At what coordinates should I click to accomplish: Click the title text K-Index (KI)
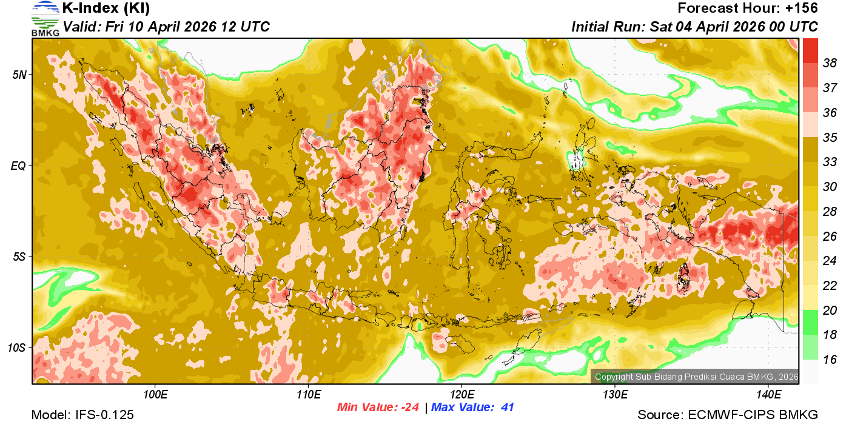pyautogui.click(x=106, y=8)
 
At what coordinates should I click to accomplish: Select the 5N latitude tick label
pyautogui.click(x=19, y=75)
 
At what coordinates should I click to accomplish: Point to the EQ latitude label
pyautogui.click(x=19, y=165)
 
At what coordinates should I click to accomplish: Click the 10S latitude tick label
pyautogui.click(x=17, y=348)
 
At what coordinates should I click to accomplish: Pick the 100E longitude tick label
pyautogui.click(x=155, y=395)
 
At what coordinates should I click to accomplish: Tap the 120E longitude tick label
pyautogui.click(x=461, y=395)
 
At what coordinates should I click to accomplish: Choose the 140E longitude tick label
pyautogui.click(x=768, y=395)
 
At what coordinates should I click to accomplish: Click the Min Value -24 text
pyautogui.click(x=378, y=408)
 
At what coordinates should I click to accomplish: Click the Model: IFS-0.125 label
pyautogui.click(x=82, y=415)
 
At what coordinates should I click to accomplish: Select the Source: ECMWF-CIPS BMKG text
pyautogui.click(x=728, y=415)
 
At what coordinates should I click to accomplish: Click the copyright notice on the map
pyautogui.click(x=696, y=377)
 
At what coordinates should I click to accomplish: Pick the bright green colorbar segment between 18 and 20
pyautogui.click(x=811, y=322)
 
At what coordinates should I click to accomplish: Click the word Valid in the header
pyautogui.click(x=81, y=27)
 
